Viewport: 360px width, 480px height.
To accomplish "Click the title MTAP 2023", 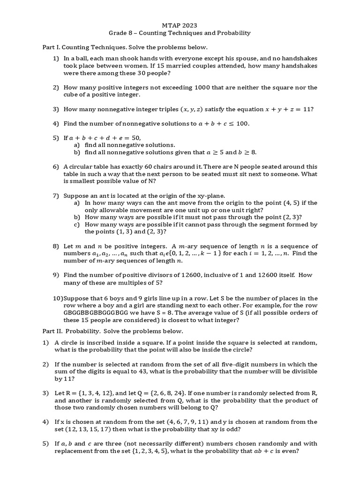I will (x=180, y=26).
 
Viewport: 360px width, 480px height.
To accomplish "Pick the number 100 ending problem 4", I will (x=243, y=124).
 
